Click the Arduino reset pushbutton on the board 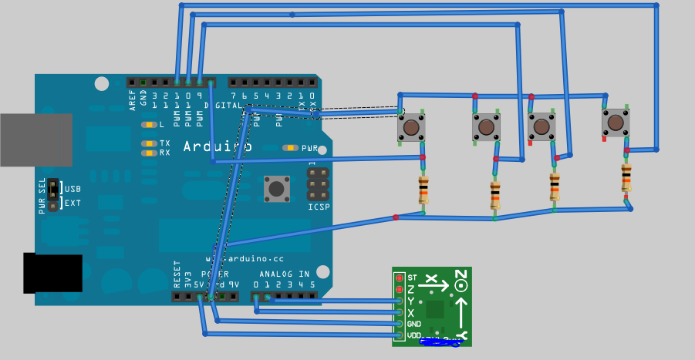[277, 187]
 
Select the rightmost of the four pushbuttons [616, 122]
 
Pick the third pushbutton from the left [541, 126]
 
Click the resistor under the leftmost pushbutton [423, 190]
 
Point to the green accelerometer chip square [436, 309]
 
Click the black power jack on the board [52, 273]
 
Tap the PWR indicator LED [290, 148]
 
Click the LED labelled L [148, 125]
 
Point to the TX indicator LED [148, 143]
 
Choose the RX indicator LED [148, 153]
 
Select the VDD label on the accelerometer [414, 335]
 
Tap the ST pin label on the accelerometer [411, 277]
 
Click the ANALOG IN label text [284, 274]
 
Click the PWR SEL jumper [52, 195]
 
